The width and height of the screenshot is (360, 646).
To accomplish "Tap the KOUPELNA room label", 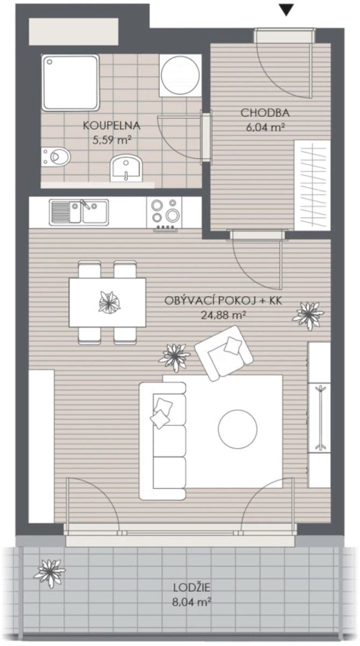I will (x=111, y=126).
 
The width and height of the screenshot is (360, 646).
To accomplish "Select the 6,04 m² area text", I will (x=265, y=127).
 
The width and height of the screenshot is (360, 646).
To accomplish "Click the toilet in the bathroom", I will (x=56, y=156).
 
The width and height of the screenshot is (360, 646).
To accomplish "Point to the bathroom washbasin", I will (x=127, y=167).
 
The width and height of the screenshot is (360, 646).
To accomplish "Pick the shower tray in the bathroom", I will (x=70, y=82).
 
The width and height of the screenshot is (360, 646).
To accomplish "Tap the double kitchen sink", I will (x=79, y=212).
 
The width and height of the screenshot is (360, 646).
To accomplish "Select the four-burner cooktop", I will (x=165, y=212).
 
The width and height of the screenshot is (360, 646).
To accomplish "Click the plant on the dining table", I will (x=109, y=302).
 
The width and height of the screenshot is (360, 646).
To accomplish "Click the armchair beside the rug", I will (x=223, y=353).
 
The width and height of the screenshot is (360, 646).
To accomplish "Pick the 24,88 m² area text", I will (x=223, y=315).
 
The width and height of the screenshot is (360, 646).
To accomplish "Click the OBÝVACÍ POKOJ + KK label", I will (x=223, y=301).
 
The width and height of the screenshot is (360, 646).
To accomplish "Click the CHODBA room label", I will (x=265, y=113).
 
